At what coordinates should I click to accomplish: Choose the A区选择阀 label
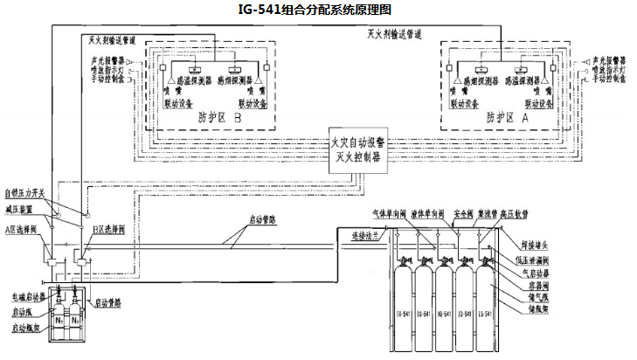tap(23, 229)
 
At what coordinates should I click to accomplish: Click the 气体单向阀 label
tap(390, 213)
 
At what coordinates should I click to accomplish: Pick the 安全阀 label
tap(464, 213)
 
